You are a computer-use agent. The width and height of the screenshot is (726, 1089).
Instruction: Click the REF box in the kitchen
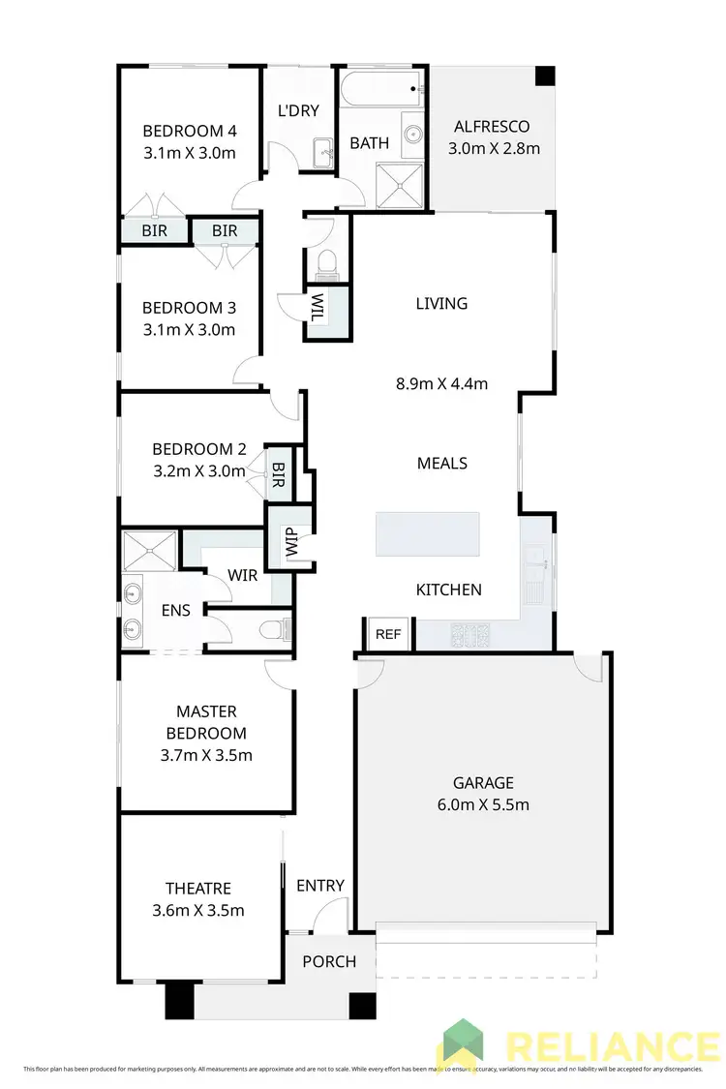pyautogui.click(x=388, y=635)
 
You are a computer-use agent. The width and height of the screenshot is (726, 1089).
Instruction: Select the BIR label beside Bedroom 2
pyautogui.click(x=279, y=473)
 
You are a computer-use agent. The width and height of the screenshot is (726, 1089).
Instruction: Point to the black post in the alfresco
pyautogui.click(x=544, y=76)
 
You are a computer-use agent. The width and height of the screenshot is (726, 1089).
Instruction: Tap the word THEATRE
pyautogui.click(x=197, y=889)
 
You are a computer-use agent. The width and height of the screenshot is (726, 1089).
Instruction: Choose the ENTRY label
pyautogui.click(x=319, y=886)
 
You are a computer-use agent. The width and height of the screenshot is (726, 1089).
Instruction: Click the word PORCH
pyautogui.click(x=329, y=962)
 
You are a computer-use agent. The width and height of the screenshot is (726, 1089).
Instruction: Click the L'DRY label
pyautogui.click(x=298, y=111)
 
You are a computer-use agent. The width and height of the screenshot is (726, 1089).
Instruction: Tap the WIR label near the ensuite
pyautogui.click(x=242, y=576)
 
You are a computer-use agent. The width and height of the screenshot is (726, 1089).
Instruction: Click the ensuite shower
pyautogui.click(x=150, y=550)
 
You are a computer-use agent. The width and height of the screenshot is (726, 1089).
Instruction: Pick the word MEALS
pyautogui.click(x=442, y=463)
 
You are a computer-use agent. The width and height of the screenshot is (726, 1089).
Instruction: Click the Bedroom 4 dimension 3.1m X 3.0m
pyautogui.click(x=190, y=153)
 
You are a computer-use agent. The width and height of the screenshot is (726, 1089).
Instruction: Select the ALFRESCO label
pyautogui.click(x=494, y=127)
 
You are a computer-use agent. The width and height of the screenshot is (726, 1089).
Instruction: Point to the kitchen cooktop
pyautogui.click(x=470, y=635)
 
